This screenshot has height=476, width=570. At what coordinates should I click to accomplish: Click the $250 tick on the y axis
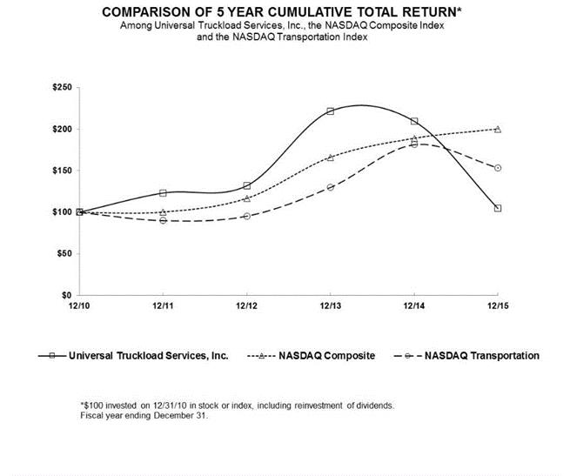point(64,88)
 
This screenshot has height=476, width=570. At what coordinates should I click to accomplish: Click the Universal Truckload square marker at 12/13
point(331,111)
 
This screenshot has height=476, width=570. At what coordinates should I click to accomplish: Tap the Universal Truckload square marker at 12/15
point(498,208)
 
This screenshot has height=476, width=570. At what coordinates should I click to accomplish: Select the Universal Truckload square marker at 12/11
point(163,193)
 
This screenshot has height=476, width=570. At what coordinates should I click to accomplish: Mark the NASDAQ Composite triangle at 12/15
point(498,129)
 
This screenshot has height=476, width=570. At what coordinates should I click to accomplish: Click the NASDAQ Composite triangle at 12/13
point(331,158)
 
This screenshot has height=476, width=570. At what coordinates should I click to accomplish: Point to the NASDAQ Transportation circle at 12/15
point(498,168)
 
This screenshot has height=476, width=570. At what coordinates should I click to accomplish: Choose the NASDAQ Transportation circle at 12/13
point(331,187)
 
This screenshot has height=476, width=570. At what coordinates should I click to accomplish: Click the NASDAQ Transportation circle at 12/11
point(163,220)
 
